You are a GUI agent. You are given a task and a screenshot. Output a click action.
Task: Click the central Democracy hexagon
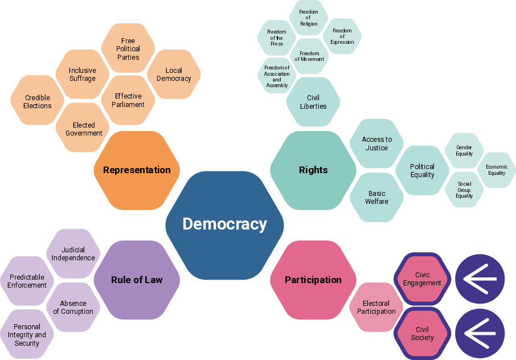click(224, 225)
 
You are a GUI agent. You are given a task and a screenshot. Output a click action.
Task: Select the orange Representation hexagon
click(137, 170)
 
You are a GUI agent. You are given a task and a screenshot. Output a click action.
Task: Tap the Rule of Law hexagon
click(137, 280)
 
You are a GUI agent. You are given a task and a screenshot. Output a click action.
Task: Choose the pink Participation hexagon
click(313, 280)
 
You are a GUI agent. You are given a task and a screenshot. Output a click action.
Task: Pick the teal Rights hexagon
click(313, 170)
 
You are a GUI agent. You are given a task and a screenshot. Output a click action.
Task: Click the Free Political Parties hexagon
click(128, 48)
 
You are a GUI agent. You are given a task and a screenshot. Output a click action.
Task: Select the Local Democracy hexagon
click(174, 74)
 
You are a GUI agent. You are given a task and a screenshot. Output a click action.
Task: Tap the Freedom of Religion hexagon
click(309, 18)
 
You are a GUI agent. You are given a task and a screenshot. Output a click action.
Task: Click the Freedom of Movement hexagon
click(309, 56)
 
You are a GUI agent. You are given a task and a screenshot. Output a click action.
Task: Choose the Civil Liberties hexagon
click(313, 102)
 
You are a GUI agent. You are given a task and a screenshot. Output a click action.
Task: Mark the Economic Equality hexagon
click(497, 170)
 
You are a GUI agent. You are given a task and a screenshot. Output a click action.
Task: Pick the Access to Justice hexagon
click(377, 144)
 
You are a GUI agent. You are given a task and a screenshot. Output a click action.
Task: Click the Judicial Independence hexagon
click(73, 253)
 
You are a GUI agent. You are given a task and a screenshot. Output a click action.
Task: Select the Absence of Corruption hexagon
click(73, 308)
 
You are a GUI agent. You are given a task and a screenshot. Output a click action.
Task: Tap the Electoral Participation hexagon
click(376, 308)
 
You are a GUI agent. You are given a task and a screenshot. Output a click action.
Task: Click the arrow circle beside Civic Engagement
click(480, 279)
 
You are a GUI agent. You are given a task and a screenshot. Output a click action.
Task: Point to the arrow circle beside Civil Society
click(480, 333)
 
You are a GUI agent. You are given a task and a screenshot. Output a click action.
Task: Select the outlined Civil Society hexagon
click(422, 333)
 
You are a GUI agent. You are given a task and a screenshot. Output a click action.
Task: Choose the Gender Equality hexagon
click(464, 150)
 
